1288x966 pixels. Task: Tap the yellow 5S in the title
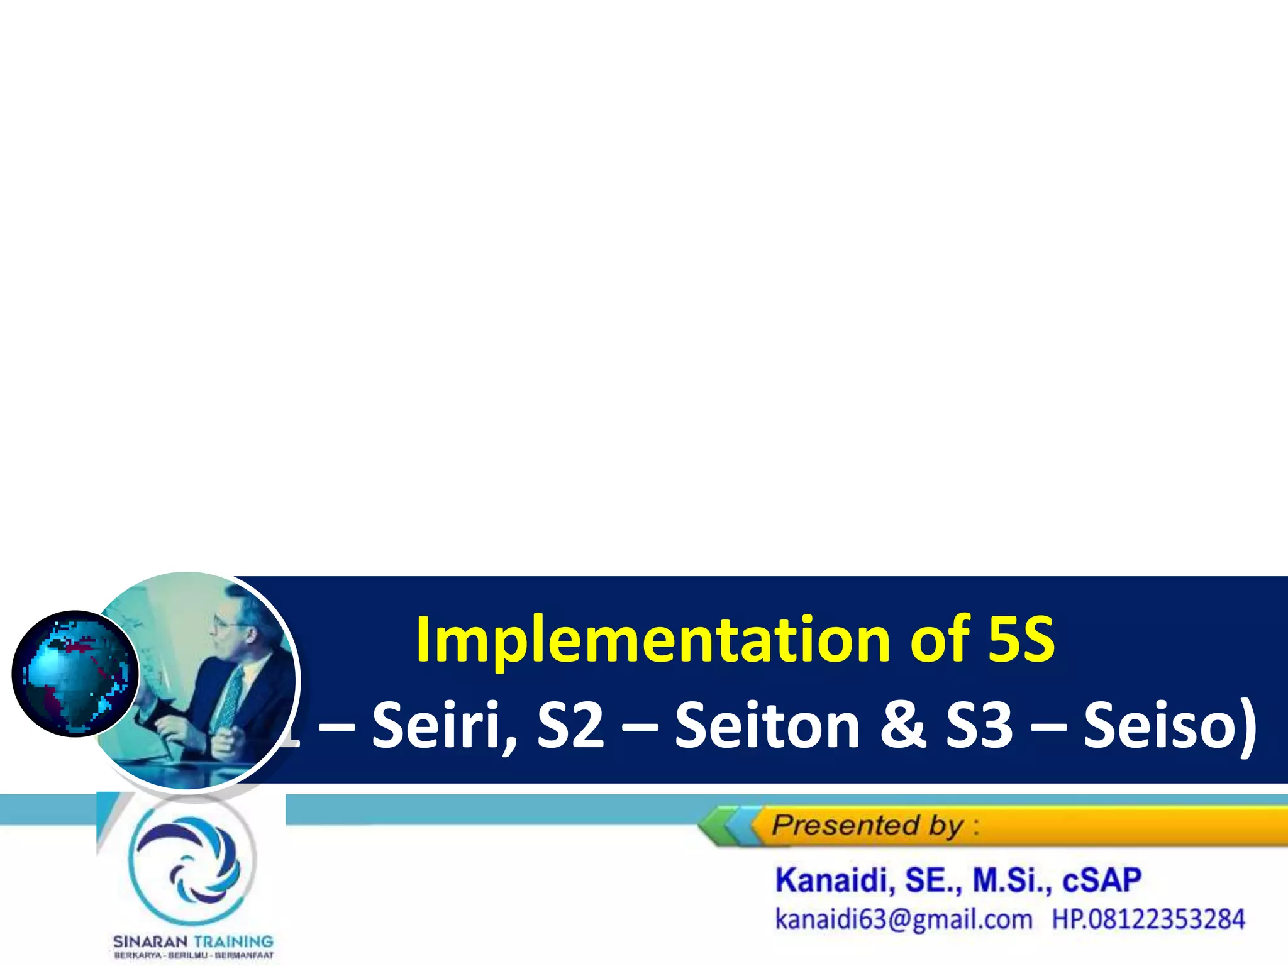(1021, 640)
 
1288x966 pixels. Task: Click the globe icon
(75, 673)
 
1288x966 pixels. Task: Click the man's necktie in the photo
(230, 698)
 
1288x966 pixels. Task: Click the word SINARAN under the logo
(150, 941)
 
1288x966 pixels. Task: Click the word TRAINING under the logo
(233, 941)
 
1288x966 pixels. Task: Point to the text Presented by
(869, 825)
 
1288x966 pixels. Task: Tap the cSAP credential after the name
(1102, 880)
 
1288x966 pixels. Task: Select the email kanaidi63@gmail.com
(904, 919)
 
